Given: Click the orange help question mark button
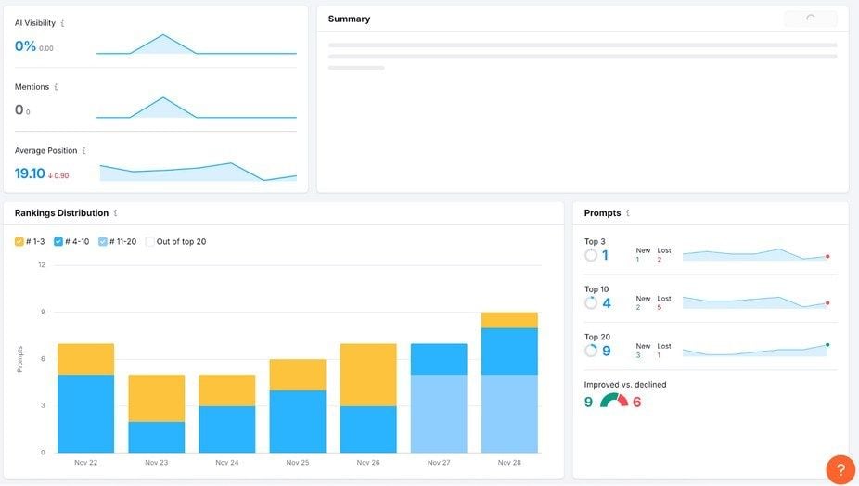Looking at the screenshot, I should [x=840, y=468].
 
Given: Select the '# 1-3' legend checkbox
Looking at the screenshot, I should [x=19, y=242].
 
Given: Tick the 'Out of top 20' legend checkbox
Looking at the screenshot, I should [x=150, y=242].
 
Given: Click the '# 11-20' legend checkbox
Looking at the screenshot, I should [x=103, y=242].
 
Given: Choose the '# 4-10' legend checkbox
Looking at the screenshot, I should [x=58, y=242].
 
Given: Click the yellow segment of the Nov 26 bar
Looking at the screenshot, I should [x=368, y=375].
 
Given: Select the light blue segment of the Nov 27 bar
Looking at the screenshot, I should [x=439, y=413].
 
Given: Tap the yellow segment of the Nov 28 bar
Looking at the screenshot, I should [x=509, y=320].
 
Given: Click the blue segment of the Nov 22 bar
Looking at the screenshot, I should [x=85, y=413].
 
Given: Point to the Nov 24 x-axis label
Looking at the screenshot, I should [x=227, y=462].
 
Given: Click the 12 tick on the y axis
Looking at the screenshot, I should [x=41, y=265].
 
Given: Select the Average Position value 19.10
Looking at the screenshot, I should [x=30, y=173].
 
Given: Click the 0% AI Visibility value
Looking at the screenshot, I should [x=25, y=46].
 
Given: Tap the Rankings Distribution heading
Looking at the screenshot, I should [x=61, y=213].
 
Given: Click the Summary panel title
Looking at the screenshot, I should [x=349, y=19].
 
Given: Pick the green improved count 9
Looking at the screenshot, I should [x=588, y=402].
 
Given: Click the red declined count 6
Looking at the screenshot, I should [x=637, y=402].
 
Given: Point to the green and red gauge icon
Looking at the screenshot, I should [x=613, y=401].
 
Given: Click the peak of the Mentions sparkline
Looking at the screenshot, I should [x=163, y=97].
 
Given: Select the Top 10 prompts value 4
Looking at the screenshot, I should [x=606, y=303].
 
